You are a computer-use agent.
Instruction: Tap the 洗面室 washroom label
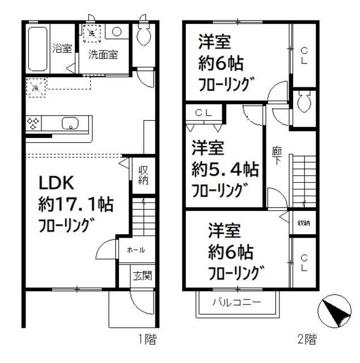[103, 55]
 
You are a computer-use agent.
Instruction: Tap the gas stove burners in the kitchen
[33, 123]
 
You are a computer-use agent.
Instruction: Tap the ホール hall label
[135, 250]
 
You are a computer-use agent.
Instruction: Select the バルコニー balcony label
[237, 302]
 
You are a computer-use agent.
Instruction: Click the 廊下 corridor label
[277, 157]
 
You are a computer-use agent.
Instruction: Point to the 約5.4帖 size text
[225, 170]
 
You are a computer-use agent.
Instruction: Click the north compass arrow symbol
[332, 311]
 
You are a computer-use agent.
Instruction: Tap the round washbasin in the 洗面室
[116, 32]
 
